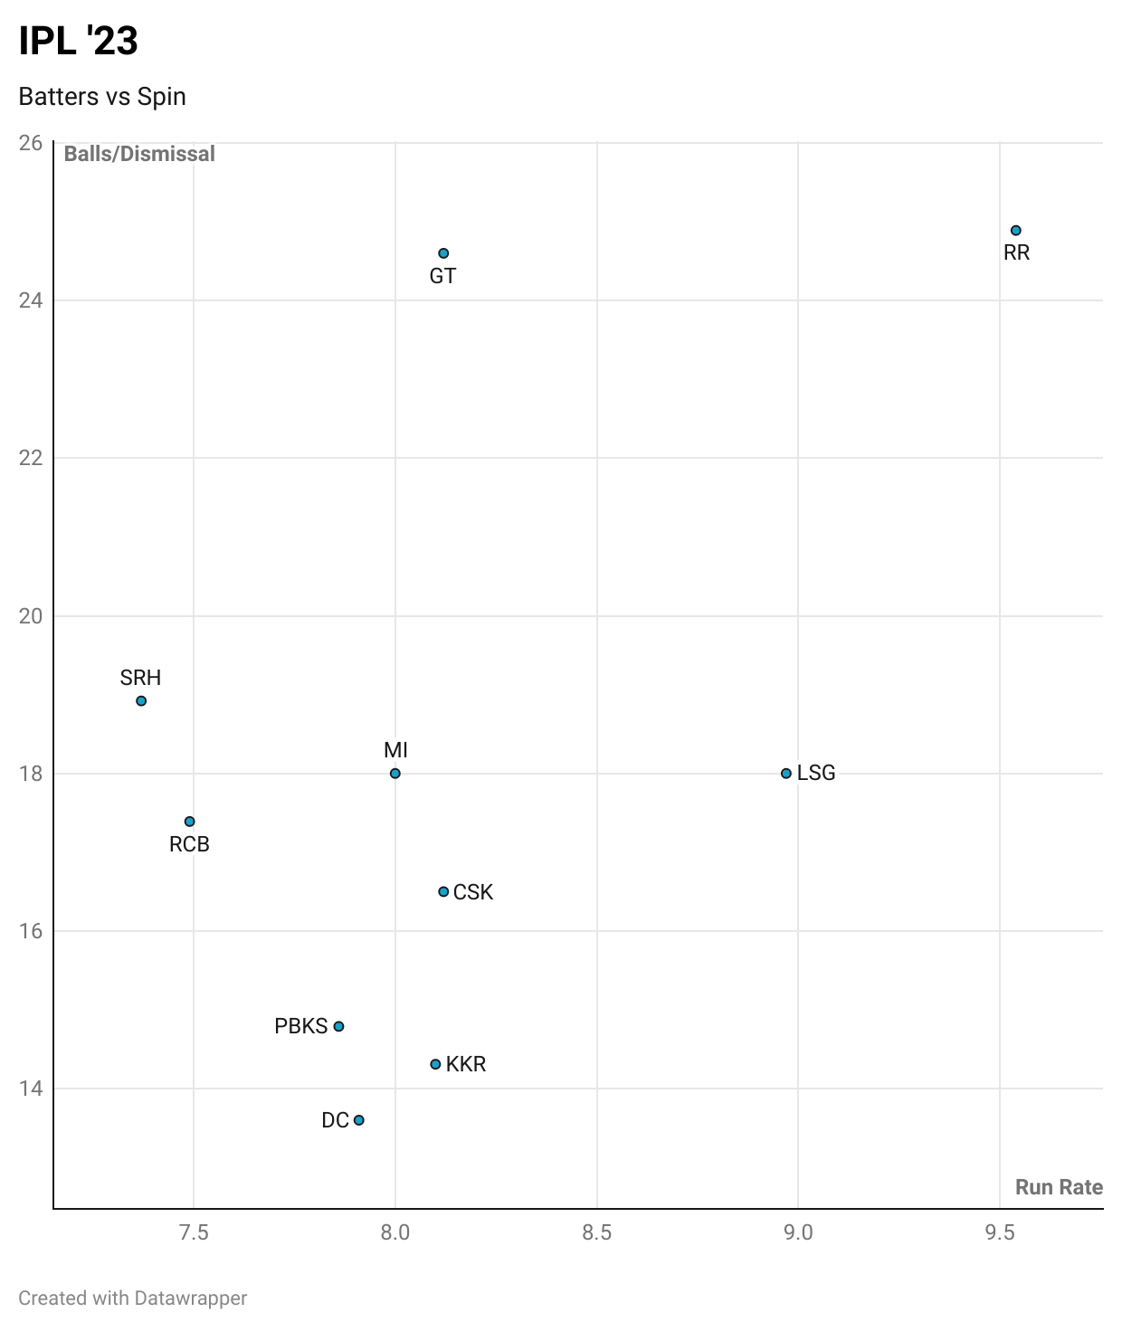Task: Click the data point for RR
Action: click(1016, 231)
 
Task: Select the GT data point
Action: click(443, 253)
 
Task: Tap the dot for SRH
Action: click(141, 701)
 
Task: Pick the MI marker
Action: click(395, 774)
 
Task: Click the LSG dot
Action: click(786, 774)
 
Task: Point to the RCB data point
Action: click(190, 822)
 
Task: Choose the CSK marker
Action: click(443, 892)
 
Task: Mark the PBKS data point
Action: click(339, 1027)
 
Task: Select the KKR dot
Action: click(435, 1064)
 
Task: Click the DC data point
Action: click(359, 1120)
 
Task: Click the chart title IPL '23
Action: click(79, 42)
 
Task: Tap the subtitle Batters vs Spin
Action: click(102, 97)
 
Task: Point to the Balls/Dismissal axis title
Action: click(139, 154)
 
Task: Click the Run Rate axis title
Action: click(1059, 1187)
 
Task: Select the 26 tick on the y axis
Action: click(31, 143)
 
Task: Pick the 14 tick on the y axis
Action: click(31, 1089)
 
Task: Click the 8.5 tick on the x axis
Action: click(597, 1232)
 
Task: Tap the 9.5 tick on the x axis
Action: click(1000, 1232)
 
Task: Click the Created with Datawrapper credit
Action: click(133, 1298)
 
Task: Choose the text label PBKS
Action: click(300, 1027)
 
